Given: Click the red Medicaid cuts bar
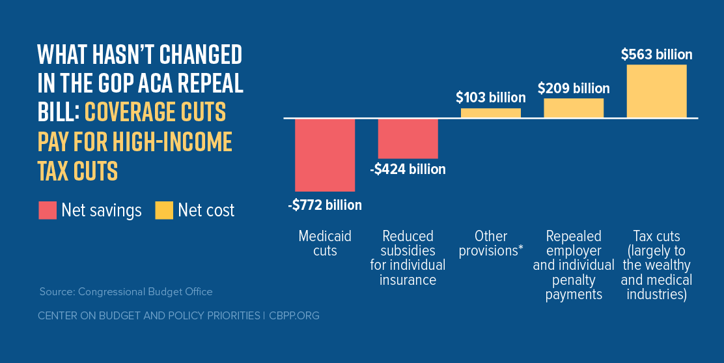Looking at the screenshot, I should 325,154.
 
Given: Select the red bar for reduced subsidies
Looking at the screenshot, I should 408,138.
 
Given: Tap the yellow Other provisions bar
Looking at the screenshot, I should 491,113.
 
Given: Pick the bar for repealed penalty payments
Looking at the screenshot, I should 574,108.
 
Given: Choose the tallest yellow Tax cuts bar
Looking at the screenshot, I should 656,91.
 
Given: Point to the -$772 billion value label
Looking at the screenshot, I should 325,205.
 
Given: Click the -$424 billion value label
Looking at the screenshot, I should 408,169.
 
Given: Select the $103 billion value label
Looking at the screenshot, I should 490,98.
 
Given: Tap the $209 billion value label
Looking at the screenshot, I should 574,88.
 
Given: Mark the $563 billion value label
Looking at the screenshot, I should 656,55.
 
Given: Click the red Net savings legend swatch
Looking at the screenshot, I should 48,211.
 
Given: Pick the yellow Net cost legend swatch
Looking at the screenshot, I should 164,211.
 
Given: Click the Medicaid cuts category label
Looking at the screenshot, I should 325,243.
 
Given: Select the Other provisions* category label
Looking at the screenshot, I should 491,243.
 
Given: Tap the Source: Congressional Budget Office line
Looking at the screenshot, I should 126,291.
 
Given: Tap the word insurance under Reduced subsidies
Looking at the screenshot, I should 408,280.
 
